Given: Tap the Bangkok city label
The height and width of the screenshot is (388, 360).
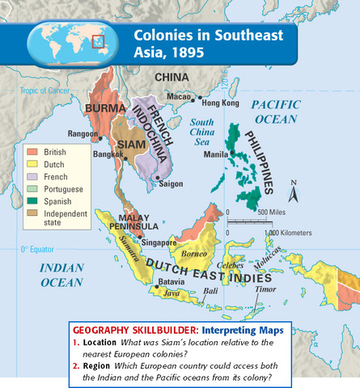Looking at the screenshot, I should point(108,153).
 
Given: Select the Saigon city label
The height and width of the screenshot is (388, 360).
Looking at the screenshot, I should point(171,183).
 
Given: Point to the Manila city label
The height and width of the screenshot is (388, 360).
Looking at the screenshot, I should point(214,154).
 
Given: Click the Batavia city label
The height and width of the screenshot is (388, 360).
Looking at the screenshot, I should point(172,281).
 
